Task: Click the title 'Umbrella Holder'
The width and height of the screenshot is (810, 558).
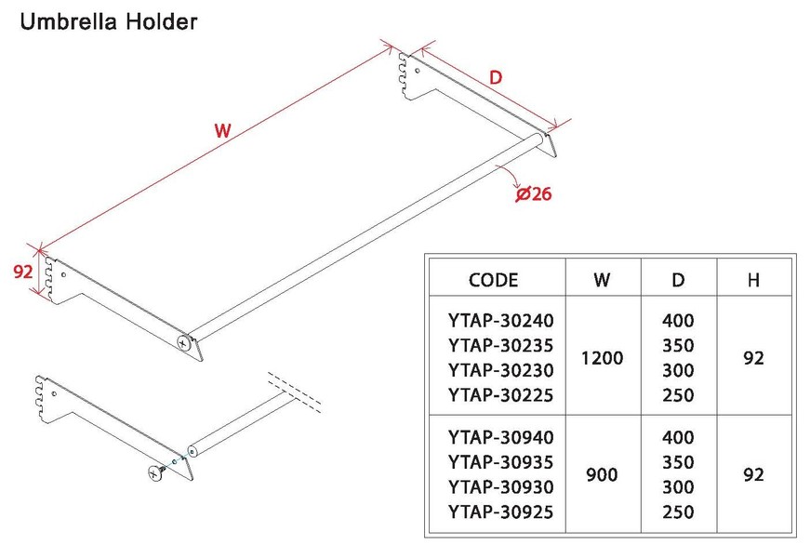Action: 109,21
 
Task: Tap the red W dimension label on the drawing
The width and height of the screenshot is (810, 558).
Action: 222,130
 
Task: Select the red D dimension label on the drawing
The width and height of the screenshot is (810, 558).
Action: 496,77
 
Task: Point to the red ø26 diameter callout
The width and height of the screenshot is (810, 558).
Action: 534,193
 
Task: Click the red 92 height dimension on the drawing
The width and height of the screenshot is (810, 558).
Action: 22,272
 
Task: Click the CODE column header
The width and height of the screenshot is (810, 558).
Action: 493,280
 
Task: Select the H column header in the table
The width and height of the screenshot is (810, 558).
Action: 753,280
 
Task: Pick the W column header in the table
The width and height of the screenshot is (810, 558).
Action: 602,280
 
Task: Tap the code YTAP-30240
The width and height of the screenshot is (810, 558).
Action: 501,321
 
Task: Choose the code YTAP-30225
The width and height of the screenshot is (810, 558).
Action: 501,395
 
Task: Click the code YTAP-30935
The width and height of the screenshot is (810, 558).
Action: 501,462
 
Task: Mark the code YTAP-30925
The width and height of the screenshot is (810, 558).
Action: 501,512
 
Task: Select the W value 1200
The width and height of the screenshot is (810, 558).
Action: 602,358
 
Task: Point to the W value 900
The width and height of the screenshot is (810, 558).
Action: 602,475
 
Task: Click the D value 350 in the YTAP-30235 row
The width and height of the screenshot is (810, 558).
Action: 678,346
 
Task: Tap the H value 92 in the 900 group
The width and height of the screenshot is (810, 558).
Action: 753,475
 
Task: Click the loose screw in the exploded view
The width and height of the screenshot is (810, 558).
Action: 157,472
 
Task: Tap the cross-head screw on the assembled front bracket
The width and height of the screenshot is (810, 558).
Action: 183,342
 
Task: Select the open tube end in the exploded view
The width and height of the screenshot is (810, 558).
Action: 192,452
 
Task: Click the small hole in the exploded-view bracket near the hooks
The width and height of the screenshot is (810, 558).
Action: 54,394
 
